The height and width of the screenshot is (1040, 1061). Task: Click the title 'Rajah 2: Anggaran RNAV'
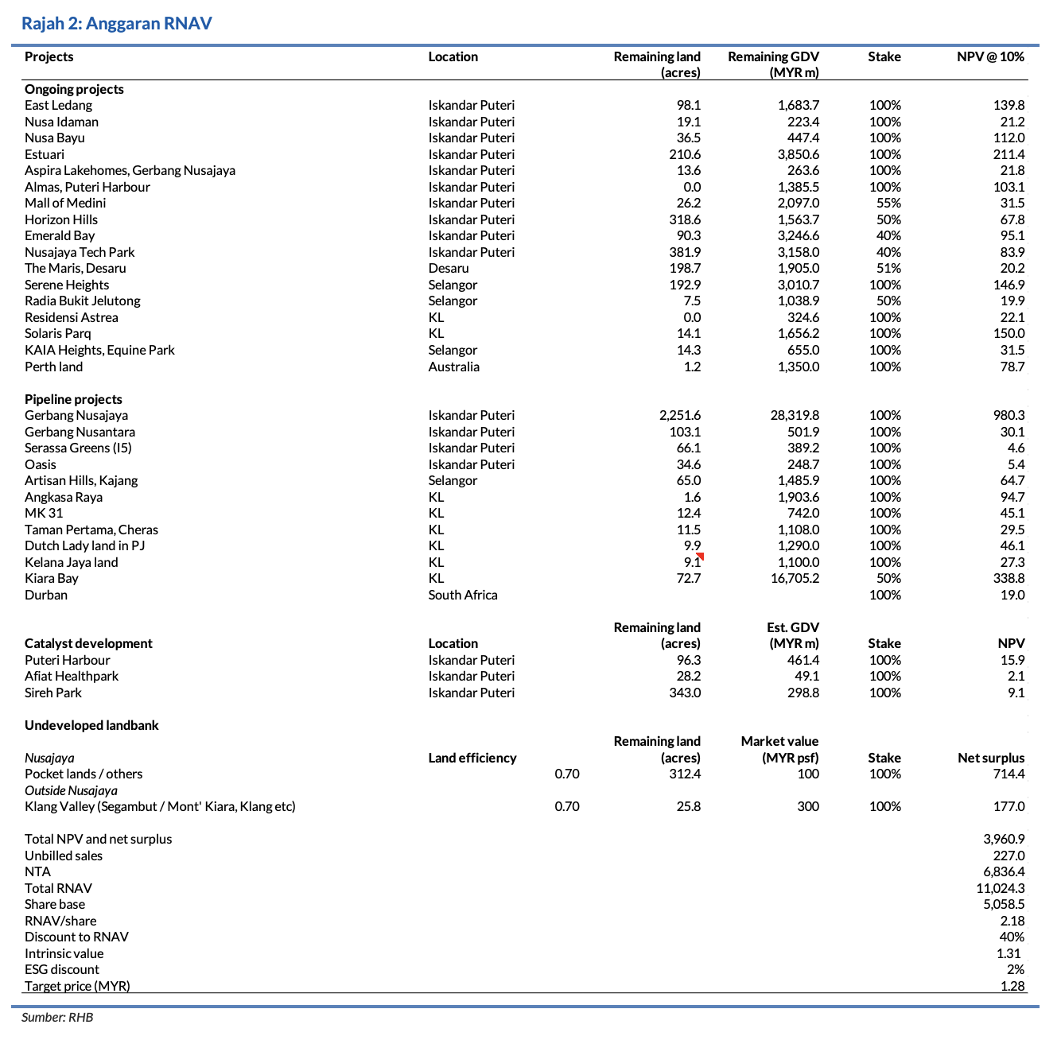(117, 23)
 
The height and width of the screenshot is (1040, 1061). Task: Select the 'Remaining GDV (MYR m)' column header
(773, 64)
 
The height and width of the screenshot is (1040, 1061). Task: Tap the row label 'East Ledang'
(58, 106)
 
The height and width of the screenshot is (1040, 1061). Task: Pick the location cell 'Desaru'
(449, 269)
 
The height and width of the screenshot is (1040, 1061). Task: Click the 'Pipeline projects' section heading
(73, 399)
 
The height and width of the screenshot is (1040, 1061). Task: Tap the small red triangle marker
(700, 557)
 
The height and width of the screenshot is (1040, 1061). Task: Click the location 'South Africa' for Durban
(463, 596)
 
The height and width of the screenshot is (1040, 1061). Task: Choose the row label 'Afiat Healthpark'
(72, 677)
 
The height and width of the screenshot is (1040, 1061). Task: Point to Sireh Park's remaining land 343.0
(685, 693)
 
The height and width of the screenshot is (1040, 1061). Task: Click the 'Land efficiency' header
(472, 759)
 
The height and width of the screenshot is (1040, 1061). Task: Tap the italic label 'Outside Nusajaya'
(71, 791)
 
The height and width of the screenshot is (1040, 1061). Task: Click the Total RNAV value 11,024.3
(1000, 889)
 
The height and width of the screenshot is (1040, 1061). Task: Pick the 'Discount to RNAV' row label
(76, 937)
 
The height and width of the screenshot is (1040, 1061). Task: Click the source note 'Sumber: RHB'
(57, 1018)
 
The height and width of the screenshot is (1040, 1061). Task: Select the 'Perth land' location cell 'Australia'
(454, 367)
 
